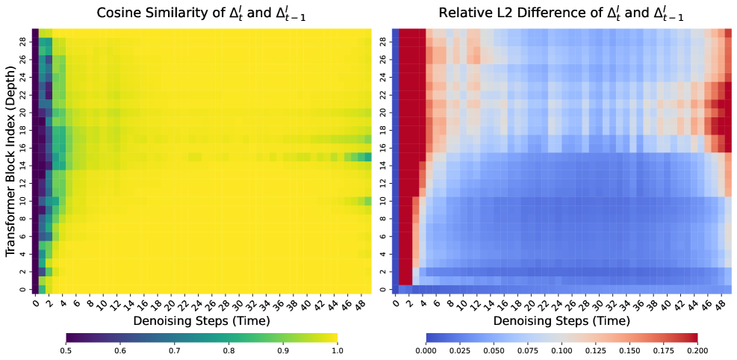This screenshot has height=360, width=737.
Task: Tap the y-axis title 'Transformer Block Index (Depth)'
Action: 10,160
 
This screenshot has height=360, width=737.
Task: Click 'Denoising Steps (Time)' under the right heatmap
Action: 562,320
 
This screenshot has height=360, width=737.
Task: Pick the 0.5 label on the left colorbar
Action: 66,350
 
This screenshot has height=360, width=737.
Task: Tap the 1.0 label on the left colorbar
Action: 338,350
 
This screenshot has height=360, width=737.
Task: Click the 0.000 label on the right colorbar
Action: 426,350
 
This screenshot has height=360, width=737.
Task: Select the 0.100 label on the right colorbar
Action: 562,350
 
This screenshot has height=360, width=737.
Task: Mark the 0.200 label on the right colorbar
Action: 697,350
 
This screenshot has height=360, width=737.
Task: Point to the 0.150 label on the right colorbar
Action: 629,350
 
